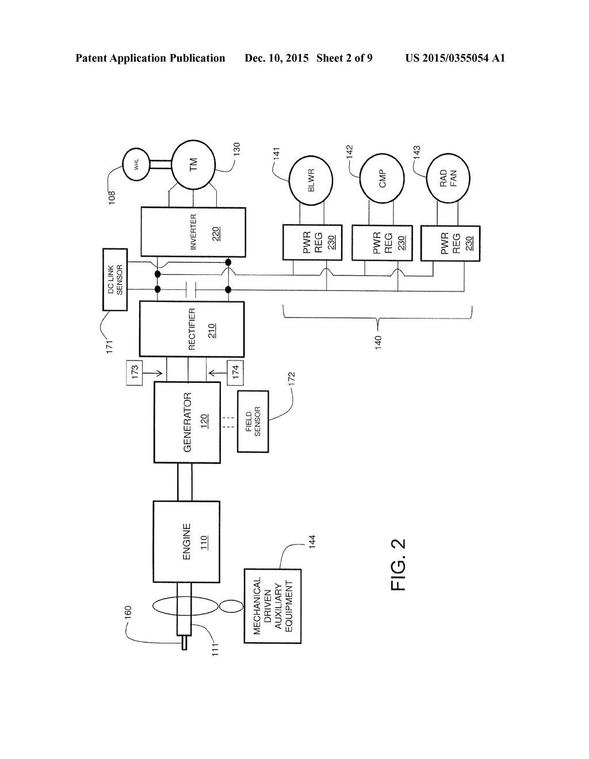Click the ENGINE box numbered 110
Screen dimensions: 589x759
coord(186,542)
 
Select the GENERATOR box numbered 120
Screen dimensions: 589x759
coord(187,422)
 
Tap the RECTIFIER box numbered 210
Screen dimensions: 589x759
coord(192,329)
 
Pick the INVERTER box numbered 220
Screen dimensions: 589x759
coord(193,232)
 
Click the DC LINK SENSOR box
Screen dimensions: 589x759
coord(115,279)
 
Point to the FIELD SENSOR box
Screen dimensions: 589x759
coord(253,421)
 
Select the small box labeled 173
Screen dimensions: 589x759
coord(135,373)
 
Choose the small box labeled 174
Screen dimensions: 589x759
coord(235,373)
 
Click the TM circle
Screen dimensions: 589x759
coord(193,165)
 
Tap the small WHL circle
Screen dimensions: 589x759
coord(136,164)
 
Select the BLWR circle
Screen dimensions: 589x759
coord(311,180)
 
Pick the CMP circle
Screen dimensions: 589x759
coord(382,178)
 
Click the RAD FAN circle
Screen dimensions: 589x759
coord(448,178)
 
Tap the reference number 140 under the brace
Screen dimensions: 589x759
coord(378,342)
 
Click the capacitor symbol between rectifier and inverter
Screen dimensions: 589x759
coord(190,290)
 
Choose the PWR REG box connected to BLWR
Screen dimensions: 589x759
coord(312,243)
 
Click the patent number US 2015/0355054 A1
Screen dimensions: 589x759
coord(455,58)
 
